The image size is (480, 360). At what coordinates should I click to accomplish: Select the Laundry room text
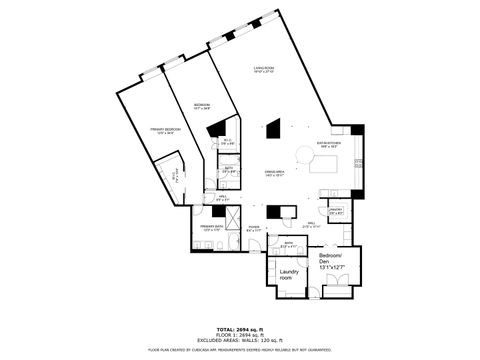coord(291,273)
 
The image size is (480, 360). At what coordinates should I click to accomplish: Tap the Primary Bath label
coord(211,228)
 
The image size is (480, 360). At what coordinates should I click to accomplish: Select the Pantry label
coord(336,211)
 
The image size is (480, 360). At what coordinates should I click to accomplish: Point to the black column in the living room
coord(274,128)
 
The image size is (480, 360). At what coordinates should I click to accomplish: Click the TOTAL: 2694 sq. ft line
coord(240,329)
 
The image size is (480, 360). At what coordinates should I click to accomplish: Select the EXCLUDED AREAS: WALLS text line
coord(240,341)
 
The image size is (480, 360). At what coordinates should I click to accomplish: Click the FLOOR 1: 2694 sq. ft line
coord(240,335)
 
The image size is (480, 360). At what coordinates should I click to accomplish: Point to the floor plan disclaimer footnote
coord(240,350)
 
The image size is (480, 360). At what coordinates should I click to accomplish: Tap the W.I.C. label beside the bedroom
coord(227,142)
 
